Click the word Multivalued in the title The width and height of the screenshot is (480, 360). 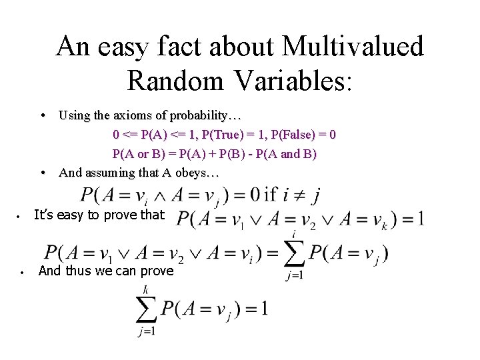pyautogui.click(x=353, y=46)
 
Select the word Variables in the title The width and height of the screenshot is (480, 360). pyautogui.click(x=289, y=79)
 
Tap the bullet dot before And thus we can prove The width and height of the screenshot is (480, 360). pyautogui.click(x=22, y=272)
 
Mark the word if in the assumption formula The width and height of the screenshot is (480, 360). pyautogui.click(x=270, y=195)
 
